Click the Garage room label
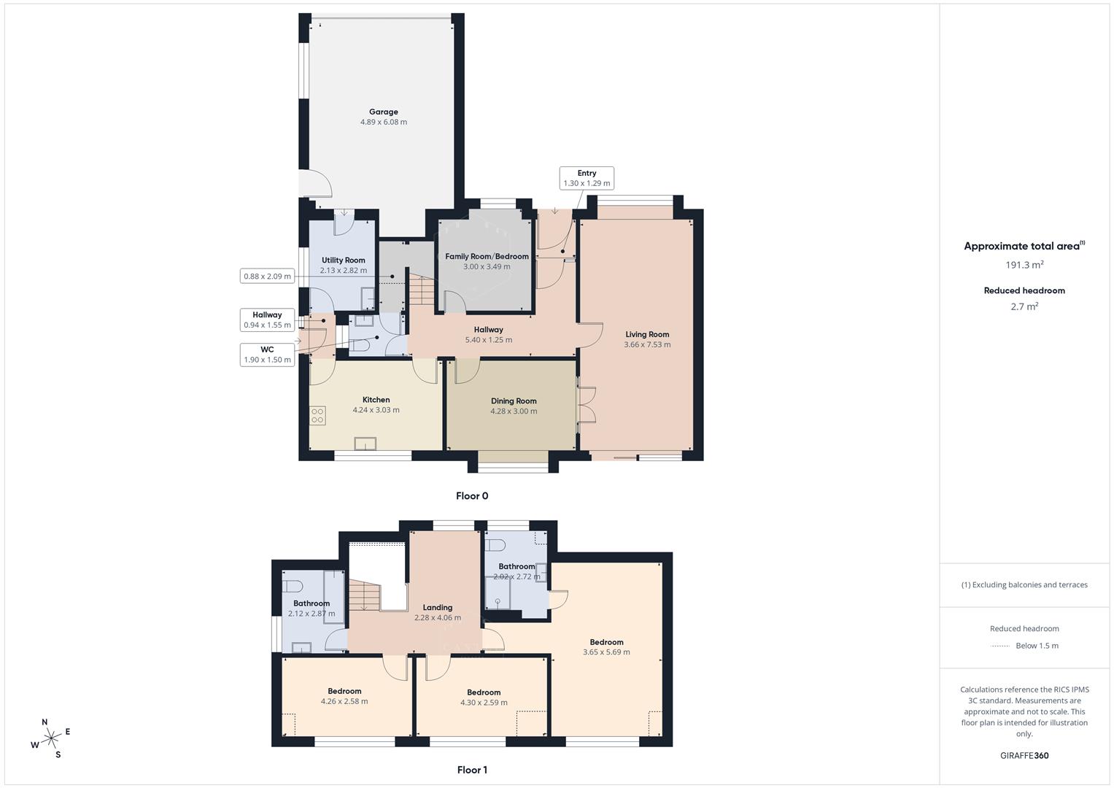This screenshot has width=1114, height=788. [x=383, y=112]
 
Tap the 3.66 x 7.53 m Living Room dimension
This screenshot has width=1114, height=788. [x=647, y=345]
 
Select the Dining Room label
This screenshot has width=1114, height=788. [x=514, y=401]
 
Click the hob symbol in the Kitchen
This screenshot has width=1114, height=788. [x=317, y=417]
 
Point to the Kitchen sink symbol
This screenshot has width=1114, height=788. [x=365, y=444]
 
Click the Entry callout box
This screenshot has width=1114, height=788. [x=587, y=178]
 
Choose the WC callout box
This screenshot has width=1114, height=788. [x=267, y=355]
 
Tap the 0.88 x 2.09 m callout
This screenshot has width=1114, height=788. [x=267, y=276]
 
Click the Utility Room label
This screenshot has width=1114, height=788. [x=344, y=260]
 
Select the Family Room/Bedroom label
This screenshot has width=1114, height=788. [x=487, y=257]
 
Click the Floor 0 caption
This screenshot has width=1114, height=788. [x=472, y=496]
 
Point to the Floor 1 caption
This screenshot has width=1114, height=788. [x=472, y=770]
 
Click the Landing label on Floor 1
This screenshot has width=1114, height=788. [x=438, y=608]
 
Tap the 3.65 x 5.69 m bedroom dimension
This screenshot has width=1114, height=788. [x=606, y=652]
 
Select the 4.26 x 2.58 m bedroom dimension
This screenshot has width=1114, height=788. [x=344, y=701]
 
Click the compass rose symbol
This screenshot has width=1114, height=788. [x=51, y=738]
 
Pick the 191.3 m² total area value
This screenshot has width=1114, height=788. [x=1024, y=266]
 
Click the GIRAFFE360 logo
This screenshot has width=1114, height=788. [x=1024, y=756]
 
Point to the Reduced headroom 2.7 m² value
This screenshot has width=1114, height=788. [x=1024, y=307]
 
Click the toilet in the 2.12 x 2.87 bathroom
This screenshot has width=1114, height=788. [x=293, y=586]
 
